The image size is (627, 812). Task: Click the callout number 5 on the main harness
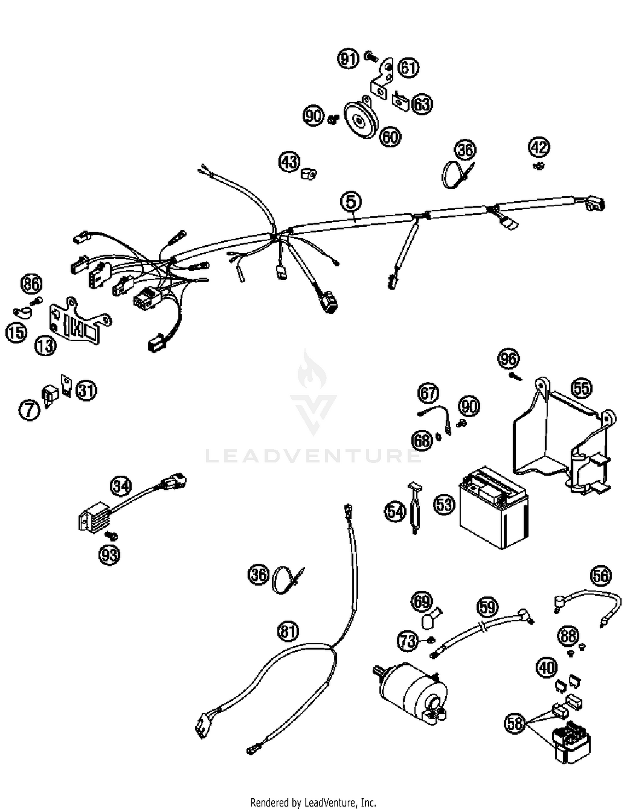click(351, 202)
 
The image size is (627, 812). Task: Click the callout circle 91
click(348, 59)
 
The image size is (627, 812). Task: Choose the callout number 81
click(289, 631)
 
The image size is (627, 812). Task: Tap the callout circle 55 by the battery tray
click(581, 388)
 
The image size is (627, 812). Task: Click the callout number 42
click(539, 147)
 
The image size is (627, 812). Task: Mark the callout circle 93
click(109, 555)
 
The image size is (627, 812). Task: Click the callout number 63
click(422, 104)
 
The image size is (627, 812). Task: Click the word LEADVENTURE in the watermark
click(313, 456)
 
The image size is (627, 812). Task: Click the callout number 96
click(508, 359)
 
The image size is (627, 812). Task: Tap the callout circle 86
click(31, 284)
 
